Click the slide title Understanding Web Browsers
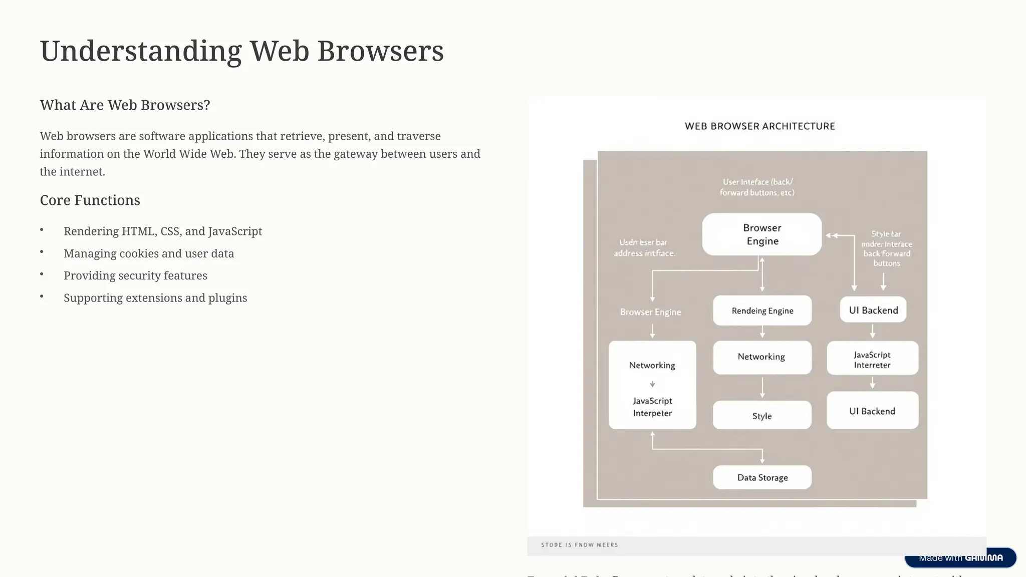point(241,51)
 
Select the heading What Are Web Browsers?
point(125,105)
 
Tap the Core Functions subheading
point(90,200)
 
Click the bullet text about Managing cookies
point(149,253)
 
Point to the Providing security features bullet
point(135,275)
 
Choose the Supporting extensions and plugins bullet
point(155,298)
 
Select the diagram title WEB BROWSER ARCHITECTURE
point(759,126)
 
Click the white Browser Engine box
point(761,234)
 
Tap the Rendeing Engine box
point(762,311)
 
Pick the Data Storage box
point(762,477)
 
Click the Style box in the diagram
point(762,415)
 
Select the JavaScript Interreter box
point(872,359)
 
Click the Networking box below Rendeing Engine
point(761,357)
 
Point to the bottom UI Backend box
point(872,411)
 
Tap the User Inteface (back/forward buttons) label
point(757,187)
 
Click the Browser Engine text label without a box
point(650,312)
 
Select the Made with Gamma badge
point(960,558)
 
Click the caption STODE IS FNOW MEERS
point(579,545)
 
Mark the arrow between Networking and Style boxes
point(762,388)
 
